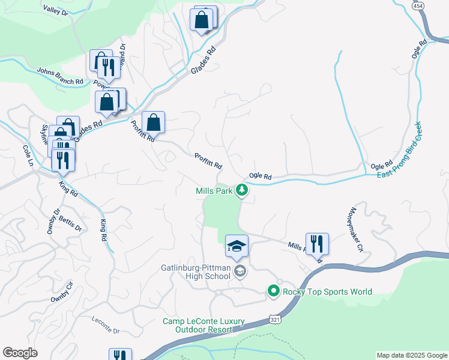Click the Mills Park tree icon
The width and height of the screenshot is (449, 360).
tap(242, 191)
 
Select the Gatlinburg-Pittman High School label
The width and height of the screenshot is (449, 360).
tap(196, 272)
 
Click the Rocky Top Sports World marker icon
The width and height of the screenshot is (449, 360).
tap(274, 292)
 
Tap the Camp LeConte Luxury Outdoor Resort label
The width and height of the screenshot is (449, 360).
tap(203, 326)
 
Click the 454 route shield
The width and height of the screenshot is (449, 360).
tap(418, 4)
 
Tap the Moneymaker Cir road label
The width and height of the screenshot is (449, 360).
tap(353, 230)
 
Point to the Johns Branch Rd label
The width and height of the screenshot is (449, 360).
tap(60, 76)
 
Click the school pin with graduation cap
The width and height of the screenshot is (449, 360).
tap(237, 246)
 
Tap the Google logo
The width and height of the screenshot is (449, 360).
tap(20, 353)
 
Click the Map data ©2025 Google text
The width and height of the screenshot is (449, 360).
tap(411, 355)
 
